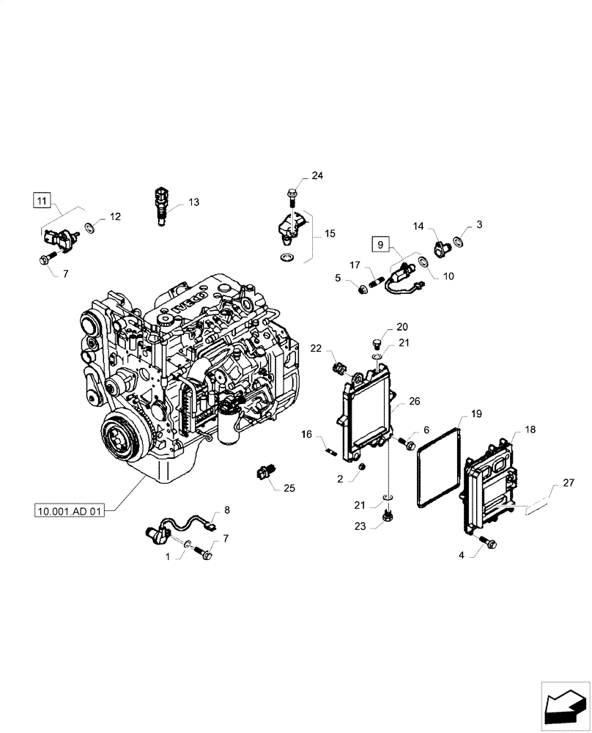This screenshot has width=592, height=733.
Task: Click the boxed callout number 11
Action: [42, 199]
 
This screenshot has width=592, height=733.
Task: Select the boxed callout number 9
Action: [380, 243]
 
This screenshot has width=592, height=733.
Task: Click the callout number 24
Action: [317, 176]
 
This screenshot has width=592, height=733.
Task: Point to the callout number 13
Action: [193, 202]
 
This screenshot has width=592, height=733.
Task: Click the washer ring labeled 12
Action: [89, 227]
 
